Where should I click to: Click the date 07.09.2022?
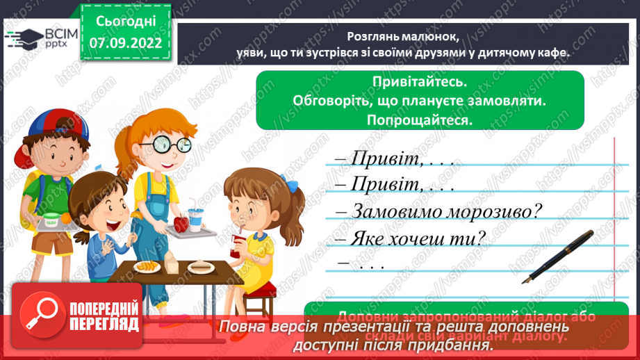click(126, 43)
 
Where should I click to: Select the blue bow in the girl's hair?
click(295, 186)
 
